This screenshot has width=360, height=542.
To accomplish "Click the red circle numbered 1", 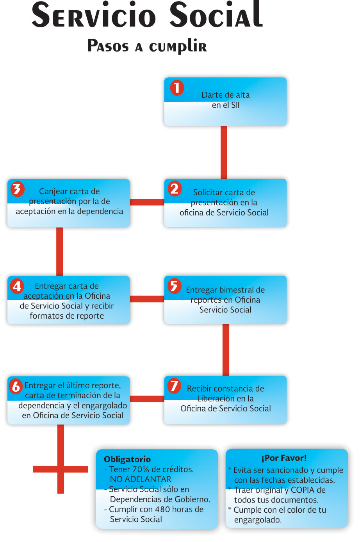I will coord(177,88).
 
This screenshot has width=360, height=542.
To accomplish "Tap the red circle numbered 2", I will coord(175,189).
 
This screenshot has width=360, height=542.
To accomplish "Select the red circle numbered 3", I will coord(17,189).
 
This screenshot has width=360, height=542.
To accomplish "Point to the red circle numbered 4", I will coord(17,286).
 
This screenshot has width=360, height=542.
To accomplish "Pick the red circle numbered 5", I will coord(175,286).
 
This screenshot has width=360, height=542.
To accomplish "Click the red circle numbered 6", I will coord(16,386).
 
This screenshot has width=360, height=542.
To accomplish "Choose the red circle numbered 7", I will coord(174,386).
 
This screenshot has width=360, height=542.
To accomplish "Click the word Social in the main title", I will coord(216,16).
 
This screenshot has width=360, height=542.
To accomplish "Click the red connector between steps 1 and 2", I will coord(224,152).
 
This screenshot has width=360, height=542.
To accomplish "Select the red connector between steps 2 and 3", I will coord(147,202).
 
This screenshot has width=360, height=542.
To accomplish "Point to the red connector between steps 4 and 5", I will coord(147,299).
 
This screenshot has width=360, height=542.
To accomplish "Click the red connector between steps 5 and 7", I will coord(226,349).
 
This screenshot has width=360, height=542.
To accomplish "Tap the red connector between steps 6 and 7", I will coord(147,399).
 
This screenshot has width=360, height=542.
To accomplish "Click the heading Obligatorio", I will coord(127,459).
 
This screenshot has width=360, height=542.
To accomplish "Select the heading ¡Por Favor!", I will coord(284,458).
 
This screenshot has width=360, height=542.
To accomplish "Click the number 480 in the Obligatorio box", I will coord(162,509).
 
